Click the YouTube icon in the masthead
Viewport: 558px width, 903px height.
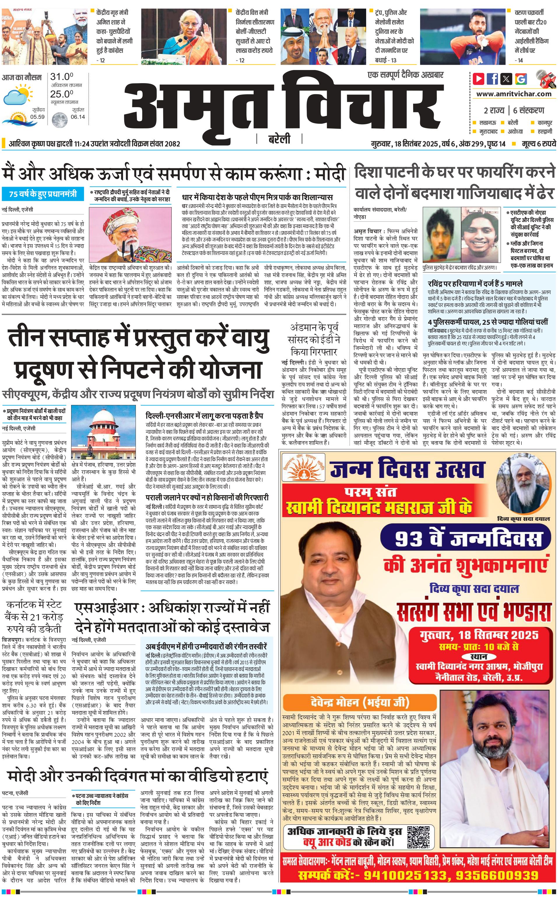coord(479,79)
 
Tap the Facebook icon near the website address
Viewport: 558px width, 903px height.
coord(492,79)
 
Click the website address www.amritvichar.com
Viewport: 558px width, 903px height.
coord(514,94)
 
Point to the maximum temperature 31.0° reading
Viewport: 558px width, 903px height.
coord(62,77)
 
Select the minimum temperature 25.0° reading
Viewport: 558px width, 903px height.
coord(62,94)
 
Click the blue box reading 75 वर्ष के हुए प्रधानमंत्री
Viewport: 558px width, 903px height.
coord(43,194)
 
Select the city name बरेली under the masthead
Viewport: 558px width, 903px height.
coord(279,139)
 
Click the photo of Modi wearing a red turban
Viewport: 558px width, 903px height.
coord(130,235)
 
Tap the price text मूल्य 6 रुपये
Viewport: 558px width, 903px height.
coord(538,144)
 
